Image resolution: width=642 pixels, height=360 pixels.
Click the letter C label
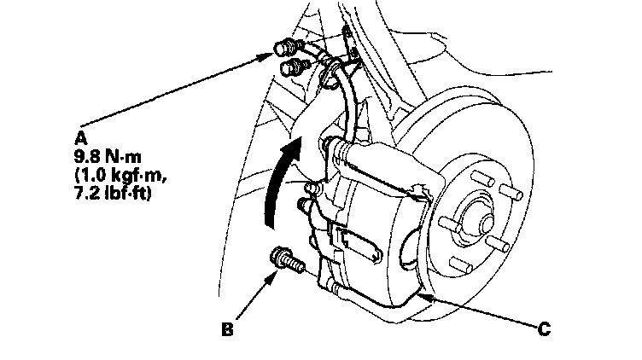543,326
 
